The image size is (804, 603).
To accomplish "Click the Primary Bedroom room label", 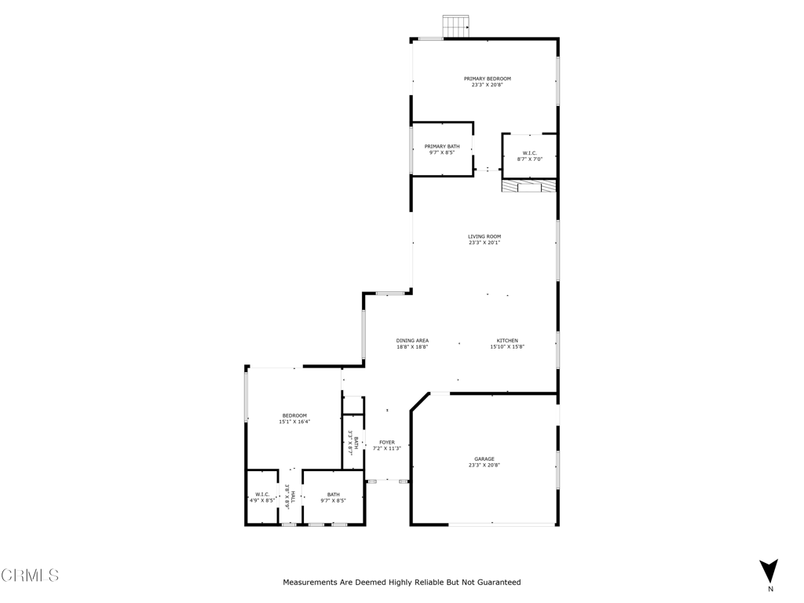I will coord(487,79).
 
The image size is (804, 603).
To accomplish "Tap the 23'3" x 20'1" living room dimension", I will coord(484,243).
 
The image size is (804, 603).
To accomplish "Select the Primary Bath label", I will coord(442,146).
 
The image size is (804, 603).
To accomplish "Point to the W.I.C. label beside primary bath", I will coord(530,153).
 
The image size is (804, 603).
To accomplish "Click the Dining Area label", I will coord(412,341).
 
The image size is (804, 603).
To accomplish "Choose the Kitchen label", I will coord(507,341).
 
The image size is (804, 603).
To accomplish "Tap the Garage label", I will coord(484,459).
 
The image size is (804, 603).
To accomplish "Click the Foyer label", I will coord(387,442).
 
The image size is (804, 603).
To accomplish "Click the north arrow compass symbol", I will coord(769,571).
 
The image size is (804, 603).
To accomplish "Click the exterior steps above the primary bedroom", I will coord(455,26).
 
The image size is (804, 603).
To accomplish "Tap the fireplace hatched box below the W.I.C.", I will coord(529,186).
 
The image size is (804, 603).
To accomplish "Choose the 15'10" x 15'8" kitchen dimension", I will coord(507,346).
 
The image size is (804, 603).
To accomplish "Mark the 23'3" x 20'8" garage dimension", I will coord(484,465).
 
